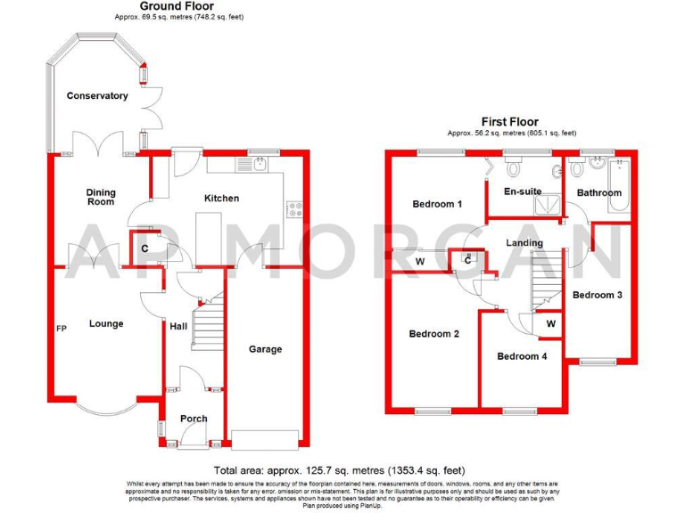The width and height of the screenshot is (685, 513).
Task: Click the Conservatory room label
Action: pos(97,95)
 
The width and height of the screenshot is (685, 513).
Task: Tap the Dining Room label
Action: pos(101,196)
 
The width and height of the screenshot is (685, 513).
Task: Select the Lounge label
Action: pos(106,323)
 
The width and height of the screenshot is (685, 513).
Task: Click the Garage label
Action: pos(265,349)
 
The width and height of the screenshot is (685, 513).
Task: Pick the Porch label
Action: pos(194,419)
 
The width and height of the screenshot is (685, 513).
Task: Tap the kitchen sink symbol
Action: pos(257,165)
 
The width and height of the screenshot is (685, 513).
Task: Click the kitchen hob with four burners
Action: pos(294,210)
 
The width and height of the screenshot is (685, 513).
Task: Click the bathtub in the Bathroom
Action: pos(619,188)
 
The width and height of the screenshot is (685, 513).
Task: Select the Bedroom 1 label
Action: pos(437,204)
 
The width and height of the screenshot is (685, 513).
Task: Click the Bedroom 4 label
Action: pos(522,356)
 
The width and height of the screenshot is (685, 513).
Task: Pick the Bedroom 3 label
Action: pos(597,295)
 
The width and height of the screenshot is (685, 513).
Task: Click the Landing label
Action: pos(524,242)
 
